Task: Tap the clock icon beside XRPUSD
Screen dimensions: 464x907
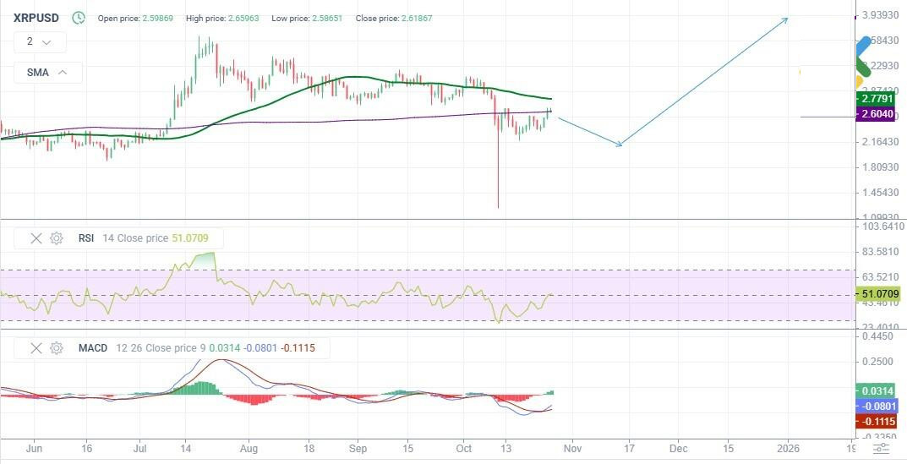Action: point(79,17)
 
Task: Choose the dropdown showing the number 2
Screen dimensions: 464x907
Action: point(39,41)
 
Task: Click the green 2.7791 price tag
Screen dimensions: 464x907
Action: point(876,99)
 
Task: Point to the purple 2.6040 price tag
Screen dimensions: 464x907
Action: point(876,114)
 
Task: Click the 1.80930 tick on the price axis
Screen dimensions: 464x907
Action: point(877,167)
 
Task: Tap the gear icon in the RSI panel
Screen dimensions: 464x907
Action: point(57,238)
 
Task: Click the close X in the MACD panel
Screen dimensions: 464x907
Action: point(36,347)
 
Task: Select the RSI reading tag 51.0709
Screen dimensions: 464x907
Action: point(878,294)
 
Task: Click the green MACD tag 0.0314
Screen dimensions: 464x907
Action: point(877,391)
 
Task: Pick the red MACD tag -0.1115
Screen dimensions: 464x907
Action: point(877,421)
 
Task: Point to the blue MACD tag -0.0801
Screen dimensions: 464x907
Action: point(877,407)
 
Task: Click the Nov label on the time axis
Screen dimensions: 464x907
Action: point(572,448)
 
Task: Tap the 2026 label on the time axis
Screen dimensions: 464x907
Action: point(788,448)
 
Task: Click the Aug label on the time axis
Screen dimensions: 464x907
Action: point(249,448)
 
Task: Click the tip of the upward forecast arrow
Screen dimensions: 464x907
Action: point(788,18)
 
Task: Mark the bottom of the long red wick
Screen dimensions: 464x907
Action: point(498,207)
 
